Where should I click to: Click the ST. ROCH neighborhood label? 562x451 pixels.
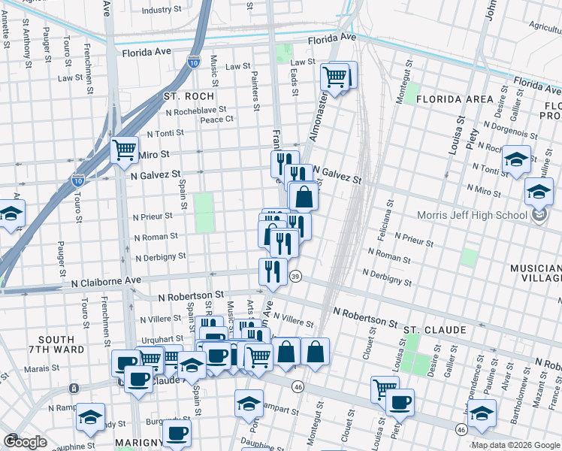pos(189,96)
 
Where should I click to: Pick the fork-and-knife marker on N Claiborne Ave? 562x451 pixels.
pos(273,271)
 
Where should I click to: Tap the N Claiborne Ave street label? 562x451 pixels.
pos(106,280)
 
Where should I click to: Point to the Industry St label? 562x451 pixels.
pos(157,11)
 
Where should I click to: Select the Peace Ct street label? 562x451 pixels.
pos(217,119)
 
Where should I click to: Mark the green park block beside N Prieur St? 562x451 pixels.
pos(204,213)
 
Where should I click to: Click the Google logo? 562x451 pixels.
pos(25,442)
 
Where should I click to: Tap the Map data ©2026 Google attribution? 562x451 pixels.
pos(515,445)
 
